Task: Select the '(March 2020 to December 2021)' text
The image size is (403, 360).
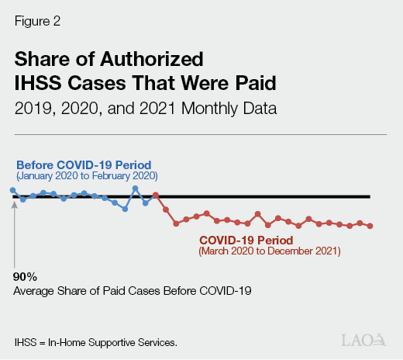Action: click(269, 251)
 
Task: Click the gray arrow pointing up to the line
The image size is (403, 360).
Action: click(14, 233)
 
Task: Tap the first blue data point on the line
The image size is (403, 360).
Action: click(13, 190)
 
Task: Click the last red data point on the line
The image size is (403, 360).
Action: click(370, 226)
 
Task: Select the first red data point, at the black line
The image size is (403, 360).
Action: click(156, 196)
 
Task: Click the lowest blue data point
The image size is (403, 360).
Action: click(125, 209)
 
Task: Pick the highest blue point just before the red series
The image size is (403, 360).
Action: click(135, 188)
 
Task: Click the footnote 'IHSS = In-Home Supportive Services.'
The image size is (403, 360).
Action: click(96, 341)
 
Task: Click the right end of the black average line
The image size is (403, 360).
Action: click(369, 197)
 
